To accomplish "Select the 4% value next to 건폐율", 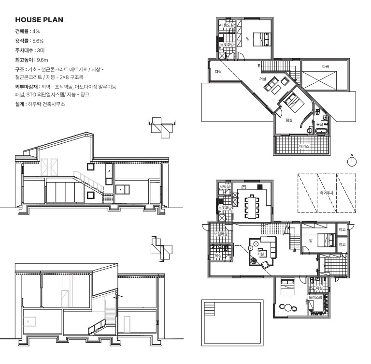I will [x=36, y=31].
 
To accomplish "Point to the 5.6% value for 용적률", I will [x=38, y=41].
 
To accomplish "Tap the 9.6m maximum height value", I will [x=43, y=60].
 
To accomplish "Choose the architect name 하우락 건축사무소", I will [x=46, y=104].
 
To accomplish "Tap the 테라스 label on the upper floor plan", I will [x=304, y=146].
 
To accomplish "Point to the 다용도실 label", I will [x=227, y=25].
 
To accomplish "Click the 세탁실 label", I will [x=225, y=186].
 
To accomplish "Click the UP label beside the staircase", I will [x=294, y=251].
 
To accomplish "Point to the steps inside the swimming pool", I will [x=209, y=309].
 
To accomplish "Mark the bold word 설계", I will [x=21, y=104].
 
